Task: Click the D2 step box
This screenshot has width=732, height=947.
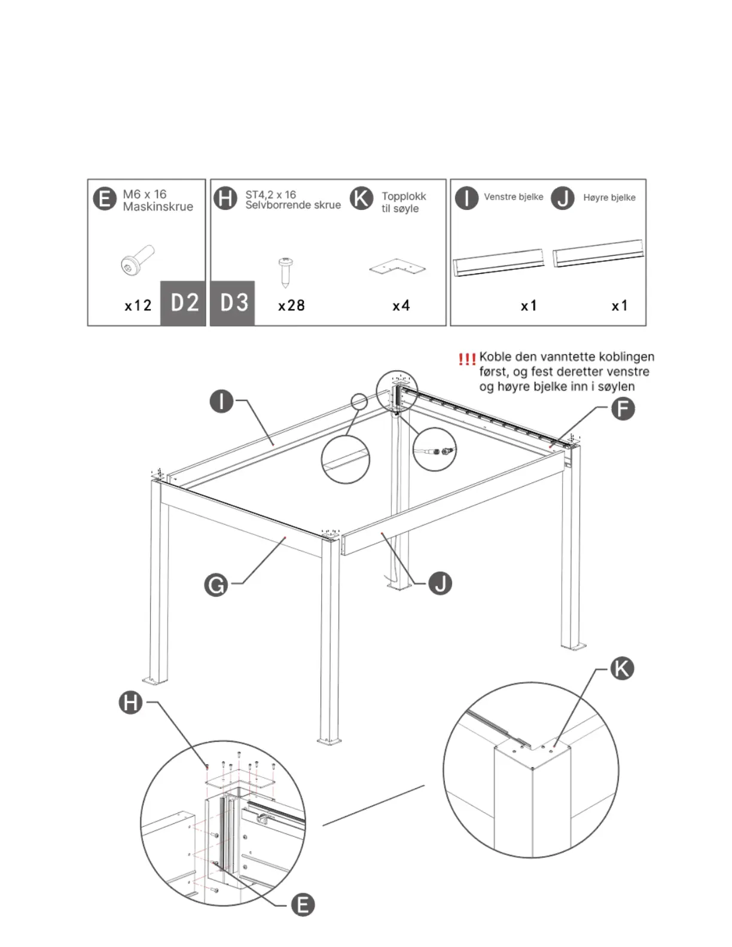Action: pyautogui.click(x=184, y=303)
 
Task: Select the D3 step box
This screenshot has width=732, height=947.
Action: pyautogui.click(x=233, y=303)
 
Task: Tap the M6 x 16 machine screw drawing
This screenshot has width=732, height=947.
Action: pyautogui.click(x=137, y=260)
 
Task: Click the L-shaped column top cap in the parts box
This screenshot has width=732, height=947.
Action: pyautogui.click(x=398, y=268)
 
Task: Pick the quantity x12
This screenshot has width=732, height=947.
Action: pyautogui.click(x=138, y=306)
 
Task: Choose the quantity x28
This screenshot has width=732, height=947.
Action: pyautogui.click(x=291, y=306)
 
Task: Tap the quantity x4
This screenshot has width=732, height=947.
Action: pyautogui.click(x=401, y=306)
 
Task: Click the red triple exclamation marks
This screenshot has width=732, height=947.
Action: pyautogui.click(x=466, y=359)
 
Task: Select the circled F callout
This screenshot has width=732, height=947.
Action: pyautogui.click(x=623, y=409)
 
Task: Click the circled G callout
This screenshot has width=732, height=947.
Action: pyautogui.click(x=216, y=584)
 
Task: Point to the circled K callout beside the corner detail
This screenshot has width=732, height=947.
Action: pyautogui.click(x=621, y=668)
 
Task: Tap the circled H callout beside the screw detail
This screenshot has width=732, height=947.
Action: pyautogui.click(x=130, y=702)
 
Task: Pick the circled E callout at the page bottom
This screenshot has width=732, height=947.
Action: pyautogui.click(x=303, y=905)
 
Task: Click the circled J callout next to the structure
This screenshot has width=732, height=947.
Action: pyautogui.click(x=440, y=583)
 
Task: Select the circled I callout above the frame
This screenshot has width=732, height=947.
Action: pyautogui.click(x=221, y=401)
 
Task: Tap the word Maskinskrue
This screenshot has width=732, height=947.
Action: pyautogui.click(x=158, y=207)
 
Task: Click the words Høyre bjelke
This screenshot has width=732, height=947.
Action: pyautogui.click(x=609, y=197)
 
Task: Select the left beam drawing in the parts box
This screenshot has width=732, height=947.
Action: pyautogui.click(x=499, y=262)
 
